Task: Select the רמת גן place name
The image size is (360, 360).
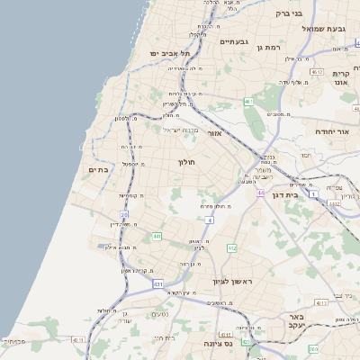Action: [269, 47]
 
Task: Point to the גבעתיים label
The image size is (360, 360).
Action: [233, 40]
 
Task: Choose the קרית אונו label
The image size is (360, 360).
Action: [340, 78]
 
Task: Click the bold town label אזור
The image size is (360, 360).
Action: [214, 133]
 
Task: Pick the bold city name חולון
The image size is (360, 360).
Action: [187, 162]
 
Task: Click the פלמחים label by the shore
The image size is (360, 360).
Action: [14, 341]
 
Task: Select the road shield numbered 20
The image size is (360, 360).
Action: [124, 214]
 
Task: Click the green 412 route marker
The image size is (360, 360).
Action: [231, 247]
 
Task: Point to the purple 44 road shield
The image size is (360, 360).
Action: [260, 193]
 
